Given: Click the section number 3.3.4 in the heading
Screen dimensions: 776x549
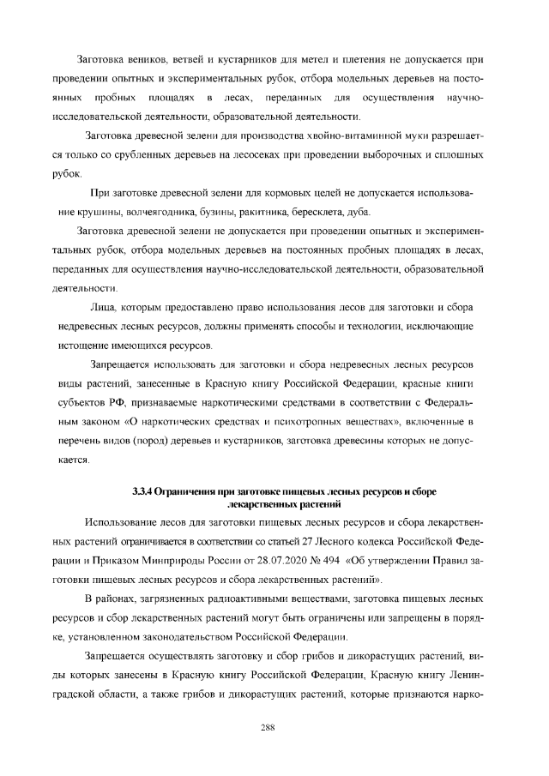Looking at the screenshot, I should [142, 491].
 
